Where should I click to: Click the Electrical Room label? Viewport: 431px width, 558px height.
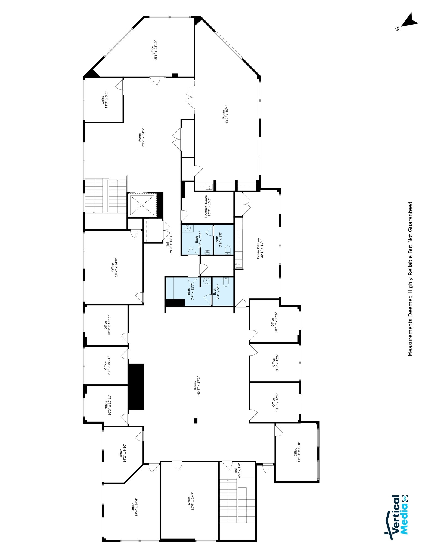coord(207,207)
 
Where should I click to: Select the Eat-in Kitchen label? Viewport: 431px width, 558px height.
coord(260,248)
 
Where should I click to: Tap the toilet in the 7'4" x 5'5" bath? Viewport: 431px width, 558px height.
coord(226,282)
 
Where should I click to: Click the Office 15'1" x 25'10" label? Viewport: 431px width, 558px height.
coord(154,51)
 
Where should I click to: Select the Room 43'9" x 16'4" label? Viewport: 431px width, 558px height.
coord(225,114)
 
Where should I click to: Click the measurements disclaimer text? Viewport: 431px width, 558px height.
coord(410,279)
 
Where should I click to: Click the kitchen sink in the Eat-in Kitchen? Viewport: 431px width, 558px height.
coord(239,264)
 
